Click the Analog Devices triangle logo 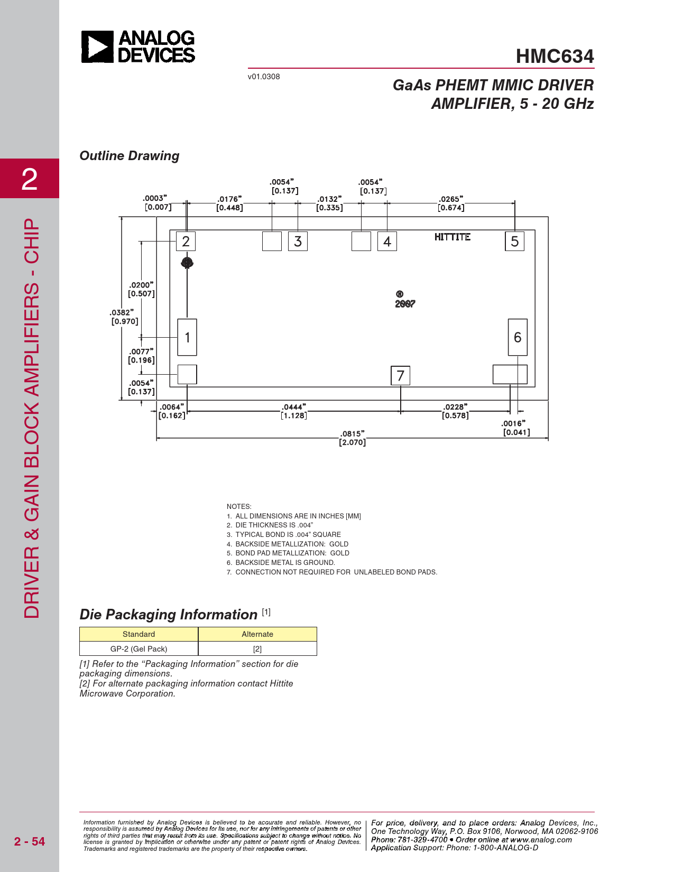pos(97,47)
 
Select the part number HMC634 pos(555,56)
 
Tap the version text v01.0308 pos(264,77)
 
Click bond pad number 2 pos(186,241)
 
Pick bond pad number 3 pos(298,241)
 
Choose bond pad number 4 pos(387,241)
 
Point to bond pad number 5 pos(515,241)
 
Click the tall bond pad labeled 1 pos(187,337)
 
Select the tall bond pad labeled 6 pos(518,337)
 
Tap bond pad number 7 pos(401,376)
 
